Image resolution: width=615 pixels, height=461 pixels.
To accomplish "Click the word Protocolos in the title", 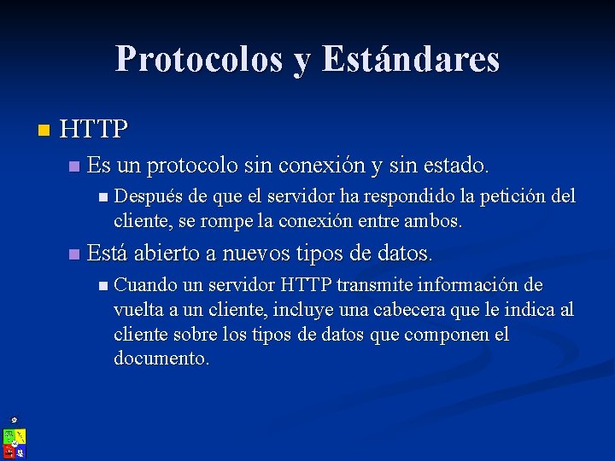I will (x=199, y=59).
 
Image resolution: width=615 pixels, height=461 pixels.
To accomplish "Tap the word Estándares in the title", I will (x=411, y=59).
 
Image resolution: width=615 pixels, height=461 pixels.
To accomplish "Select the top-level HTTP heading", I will (x=94, y=130).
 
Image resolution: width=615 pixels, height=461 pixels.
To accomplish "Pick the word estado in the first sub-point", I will (x=459, y=163).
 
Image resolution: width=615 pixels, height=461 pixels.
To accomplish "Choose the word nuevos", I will (x=257, y=253).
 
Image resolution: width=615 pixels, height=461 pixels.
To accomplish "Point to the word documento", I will (x=160, y=359).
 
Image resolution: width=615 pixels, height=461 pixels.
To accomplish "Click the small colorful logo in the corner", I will (x=14, y=440).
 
